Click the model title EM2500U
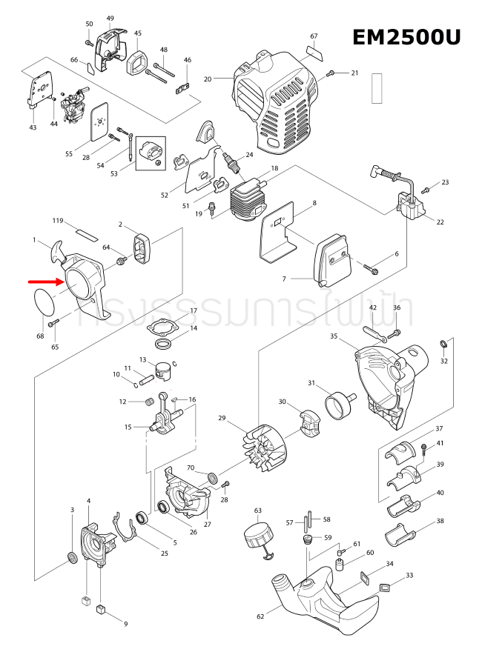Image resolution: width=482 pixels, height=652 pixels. [406, 38]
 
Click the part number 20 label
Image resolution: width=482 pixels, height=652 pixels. [208, 79]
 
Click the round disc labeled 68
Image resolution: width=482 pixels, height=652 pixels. [47, 303]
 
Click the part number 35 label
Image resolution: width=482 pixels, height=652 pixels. [334, 336]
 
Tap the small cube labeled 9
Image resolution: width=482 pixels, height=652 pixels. [101, 609]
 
